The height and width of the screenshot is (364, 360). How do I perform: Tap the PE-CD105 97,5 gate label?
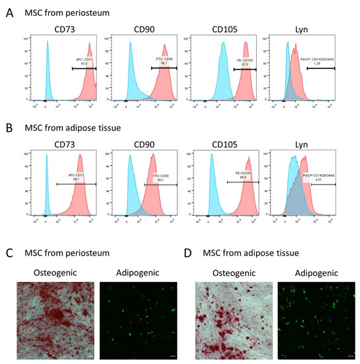[x=244, y=62]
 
